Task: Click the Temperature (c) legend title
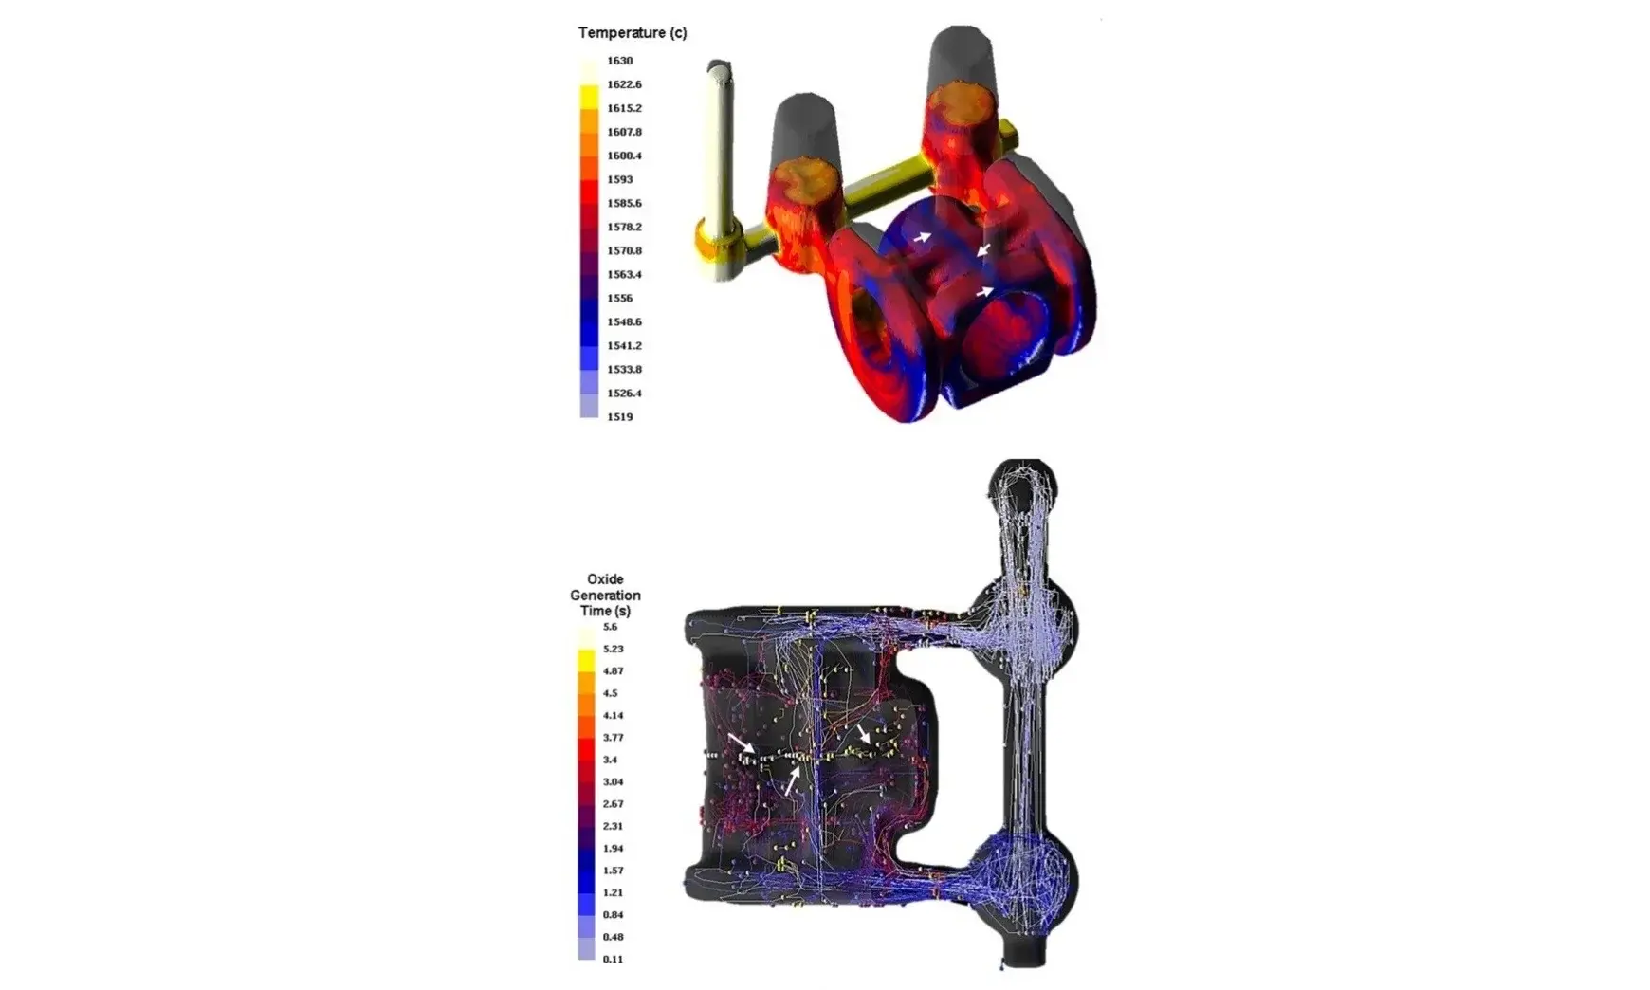pyautogui.click(x=632, y=32)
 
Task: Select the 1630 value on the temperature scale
pyautogui.click(x=619, y=61)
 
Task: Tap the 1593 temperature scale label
pyautogui.click(x=619, y=179)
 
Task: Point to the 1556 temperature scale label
pyautogui.click(x=619, y=298)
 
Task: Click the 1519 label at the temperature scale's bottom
pyautogui.click(x=619, y=416)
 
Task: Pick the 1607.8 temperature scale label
pyautogui.click(x=624, y=132)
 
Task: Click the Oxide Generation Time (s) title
pyautogui.click(x=605, y=595)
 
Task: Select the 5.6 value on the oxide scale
pyautogui.click(x=610, y=627)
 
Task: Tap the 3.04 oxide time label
pyautogui.click(x=613, y=782)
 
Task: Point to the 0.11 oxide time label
pyautogui.click(x=613, y=959)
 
